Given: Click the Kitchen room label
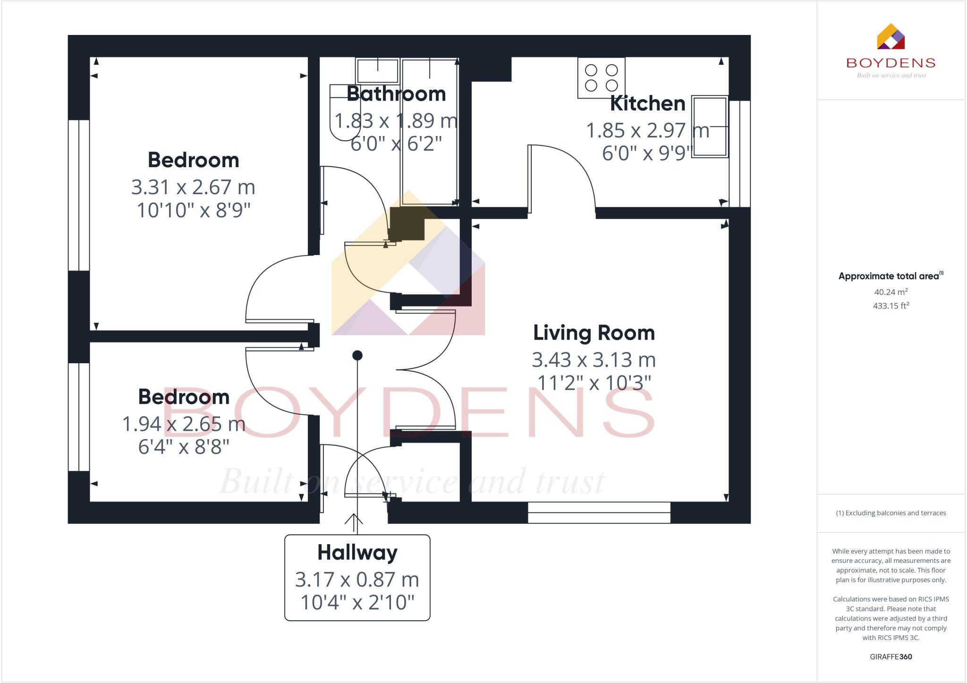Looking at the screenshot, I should [x=647, y=103].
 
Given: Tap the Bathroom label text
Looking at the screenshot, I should [x=396, y=94].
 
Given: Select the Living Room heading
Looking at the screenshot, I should [x=594, y=333].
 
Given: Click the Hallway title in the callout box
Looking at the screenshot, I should [x=357, y=552].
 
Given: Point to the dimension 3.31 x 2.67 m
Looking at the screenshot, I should [x=193, y=187].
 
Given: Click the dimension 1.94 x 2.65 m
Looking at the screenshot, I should [x=184, y=424].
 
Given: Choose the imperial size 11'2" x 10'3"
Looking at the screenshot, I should [x=594, y=383].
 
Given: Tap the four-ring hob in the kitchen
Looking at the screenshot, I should [x=601, y=77].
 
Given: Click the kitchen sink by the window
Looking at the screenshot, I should [x=709, y=126].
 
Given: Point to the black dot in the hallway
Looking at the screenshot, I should [x=357, y=355].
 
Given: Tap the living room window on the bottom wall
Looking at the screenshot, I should [x=599, y=512].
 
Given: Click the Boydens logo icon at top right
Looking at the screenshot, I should [x=891, y=37].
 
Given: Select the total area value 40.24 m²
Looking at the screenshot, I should [x=891, y=292].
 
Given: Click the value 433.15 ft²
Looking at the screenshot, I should [x=891, y=306].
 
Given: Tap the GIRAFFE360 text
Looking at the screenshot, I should [x=891, y=657].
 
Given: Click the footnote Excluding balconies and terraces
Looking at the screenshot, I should [x=891, y=513].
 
